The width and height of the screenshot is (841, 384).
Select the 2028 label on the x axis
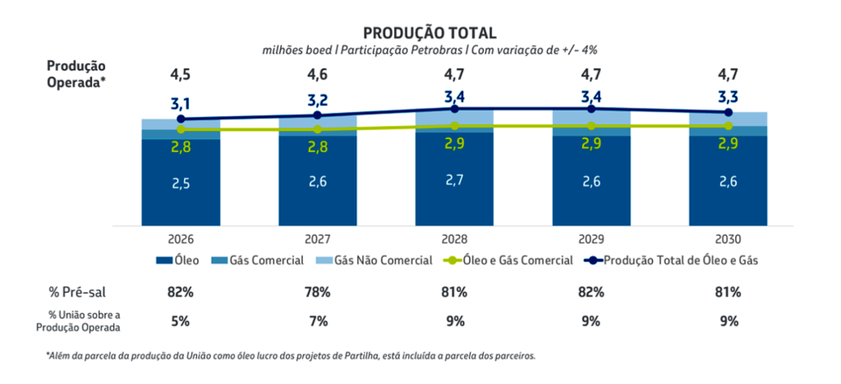454,239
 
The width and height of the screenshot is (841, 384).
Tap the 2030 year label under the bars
728,239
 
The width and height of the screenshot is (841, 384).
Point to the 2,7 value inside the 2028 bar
454,180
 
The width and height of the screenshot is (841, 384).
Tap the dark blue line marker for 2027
318,115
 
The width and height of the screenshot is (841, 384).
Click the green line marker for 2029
591,126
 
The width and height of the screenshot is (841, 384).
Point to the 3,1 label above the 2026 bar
181,104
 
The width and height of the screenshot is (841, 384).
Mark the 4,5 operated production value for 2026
181,76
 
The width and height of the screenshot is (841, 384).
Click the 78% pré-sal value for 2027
318,292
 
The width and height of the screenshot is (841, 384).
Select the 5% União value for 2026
181,321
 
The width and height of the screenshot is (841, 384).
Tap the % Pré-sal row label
75,292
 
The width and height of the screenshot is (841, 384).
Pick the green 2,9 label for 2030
728,143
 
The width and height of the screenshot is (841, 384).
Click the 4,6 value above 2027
318,76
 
